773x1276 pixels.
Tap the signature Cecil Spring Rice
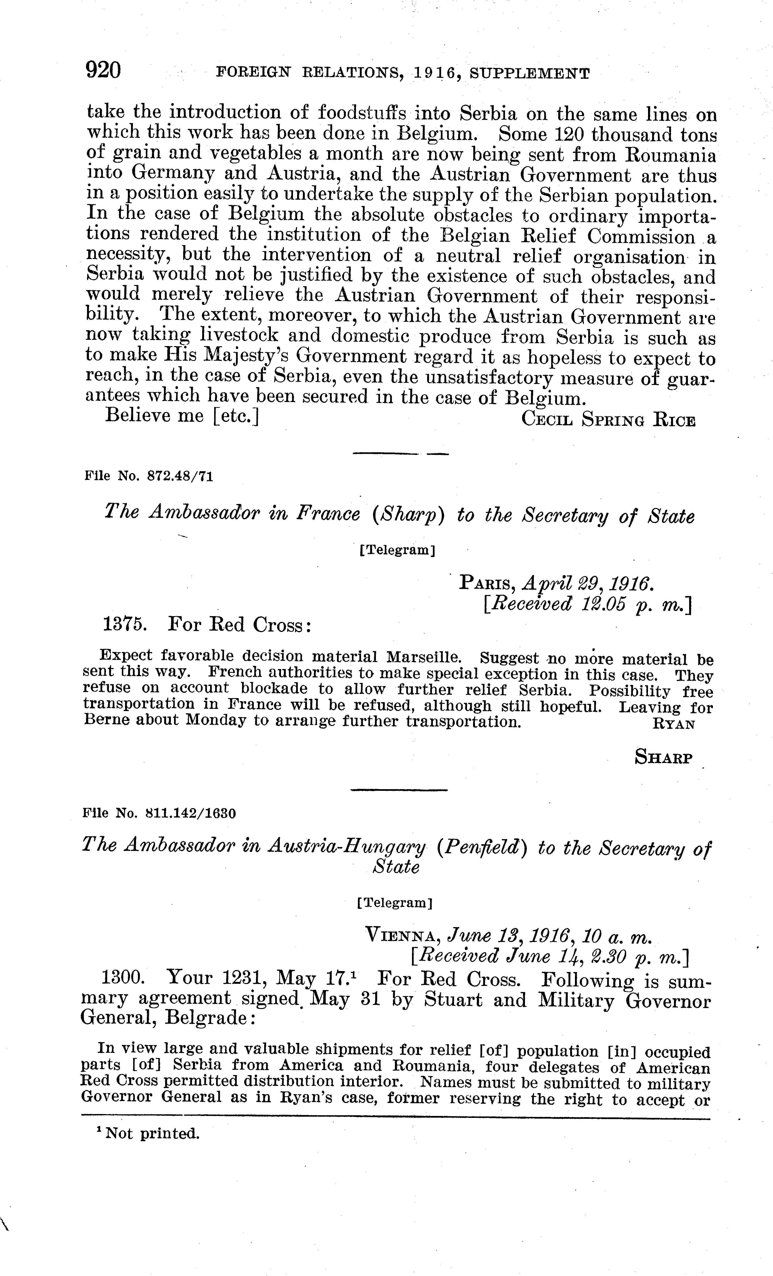(x=608, y=418)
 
